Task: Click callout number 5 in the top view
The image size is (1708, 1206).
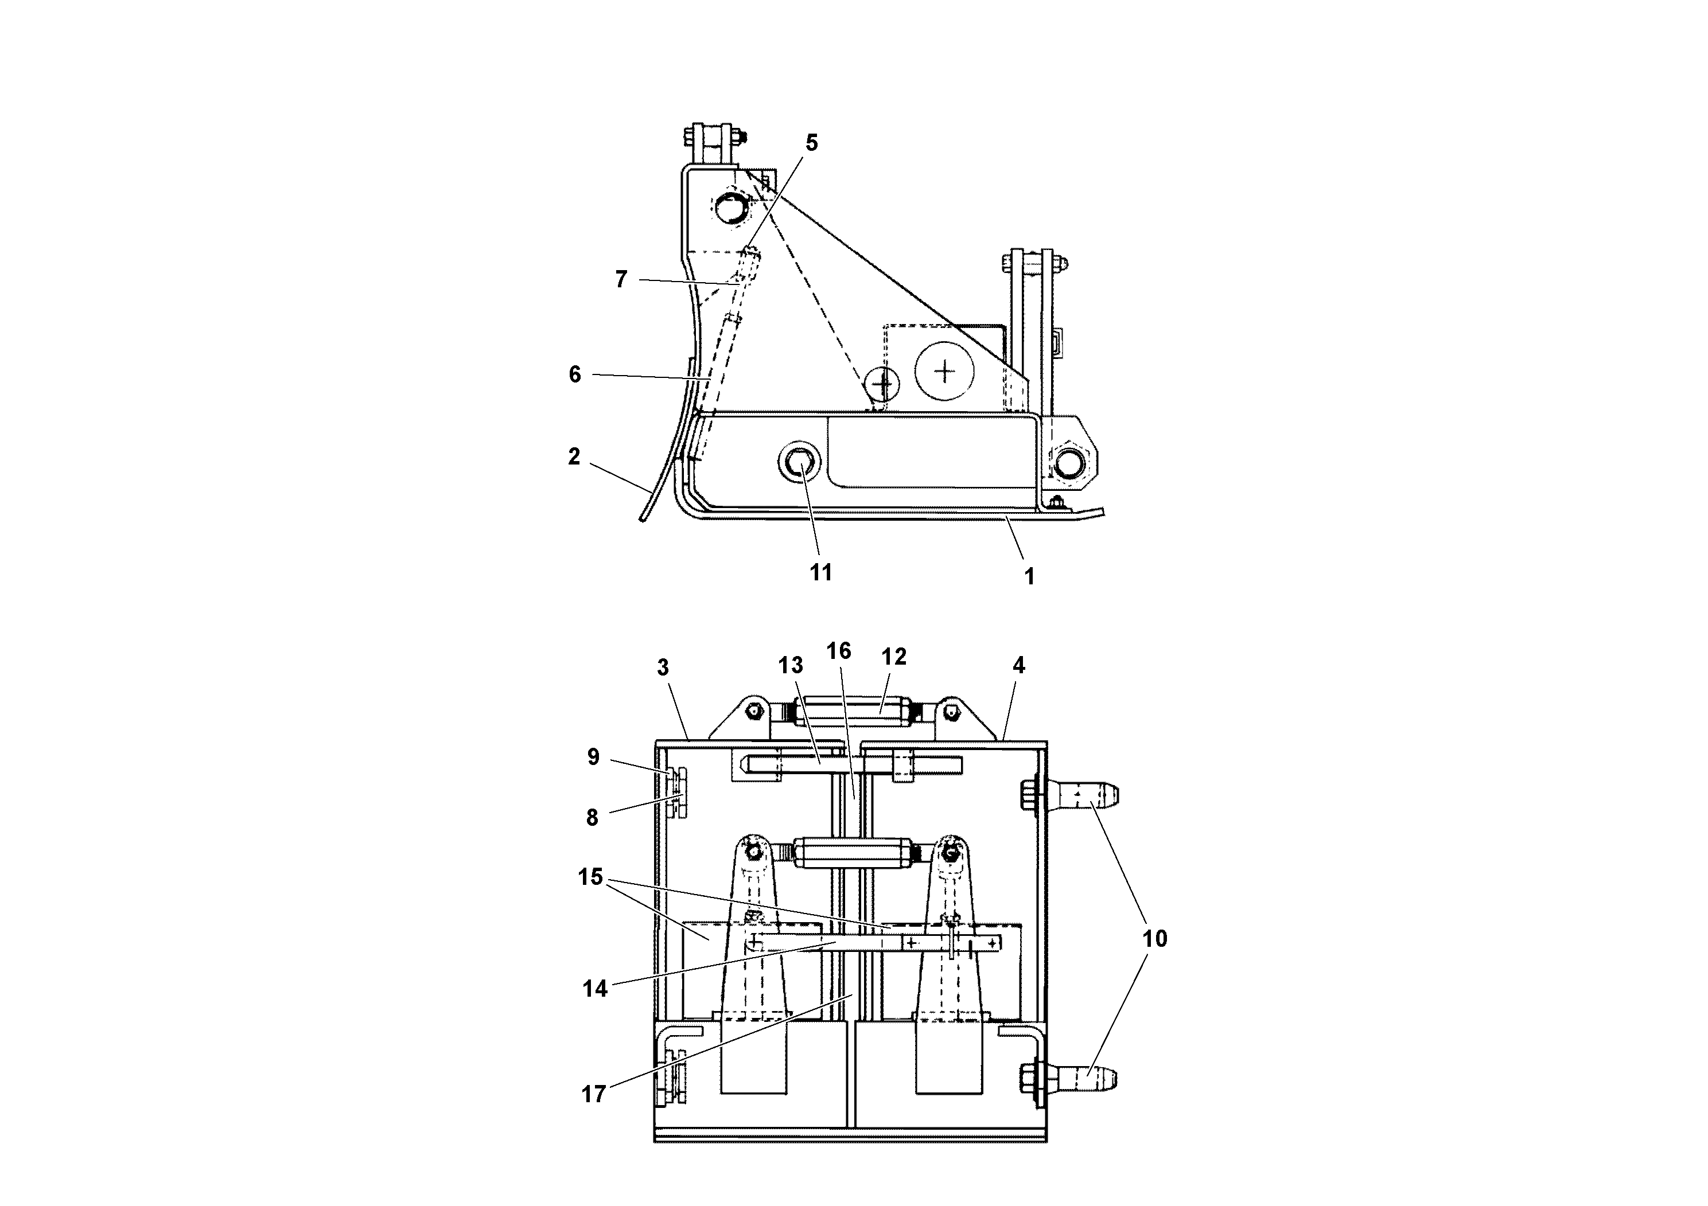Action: coord(812,143)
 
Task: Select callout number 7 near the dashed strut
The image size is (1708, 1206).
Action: coord(621,280)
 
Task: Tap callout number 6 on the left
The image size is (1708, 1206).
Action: coord(574,374)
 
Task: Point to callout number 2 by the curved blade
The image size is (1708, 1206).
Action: coord(574,456)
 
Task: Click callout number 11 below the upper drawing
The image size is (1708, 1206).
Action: coord(820,572)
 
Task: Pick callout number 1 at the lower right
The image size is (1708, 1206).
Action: coord(1029,576)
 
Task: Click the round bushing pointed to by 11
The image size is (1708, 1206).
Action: coord(799,464)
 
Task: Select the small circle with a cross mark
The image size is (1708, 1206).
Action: coord(883,384)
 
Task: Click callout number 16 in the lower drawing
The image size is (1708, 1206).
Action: coord(838,651)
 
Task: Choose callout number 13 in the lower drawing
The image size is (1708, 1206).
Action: coord(790,664)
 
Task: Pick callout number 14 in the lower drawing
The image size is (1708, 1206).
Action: coord(595,988)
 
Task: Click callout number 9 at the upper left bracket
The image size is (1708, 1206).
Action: coord(593,757)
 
